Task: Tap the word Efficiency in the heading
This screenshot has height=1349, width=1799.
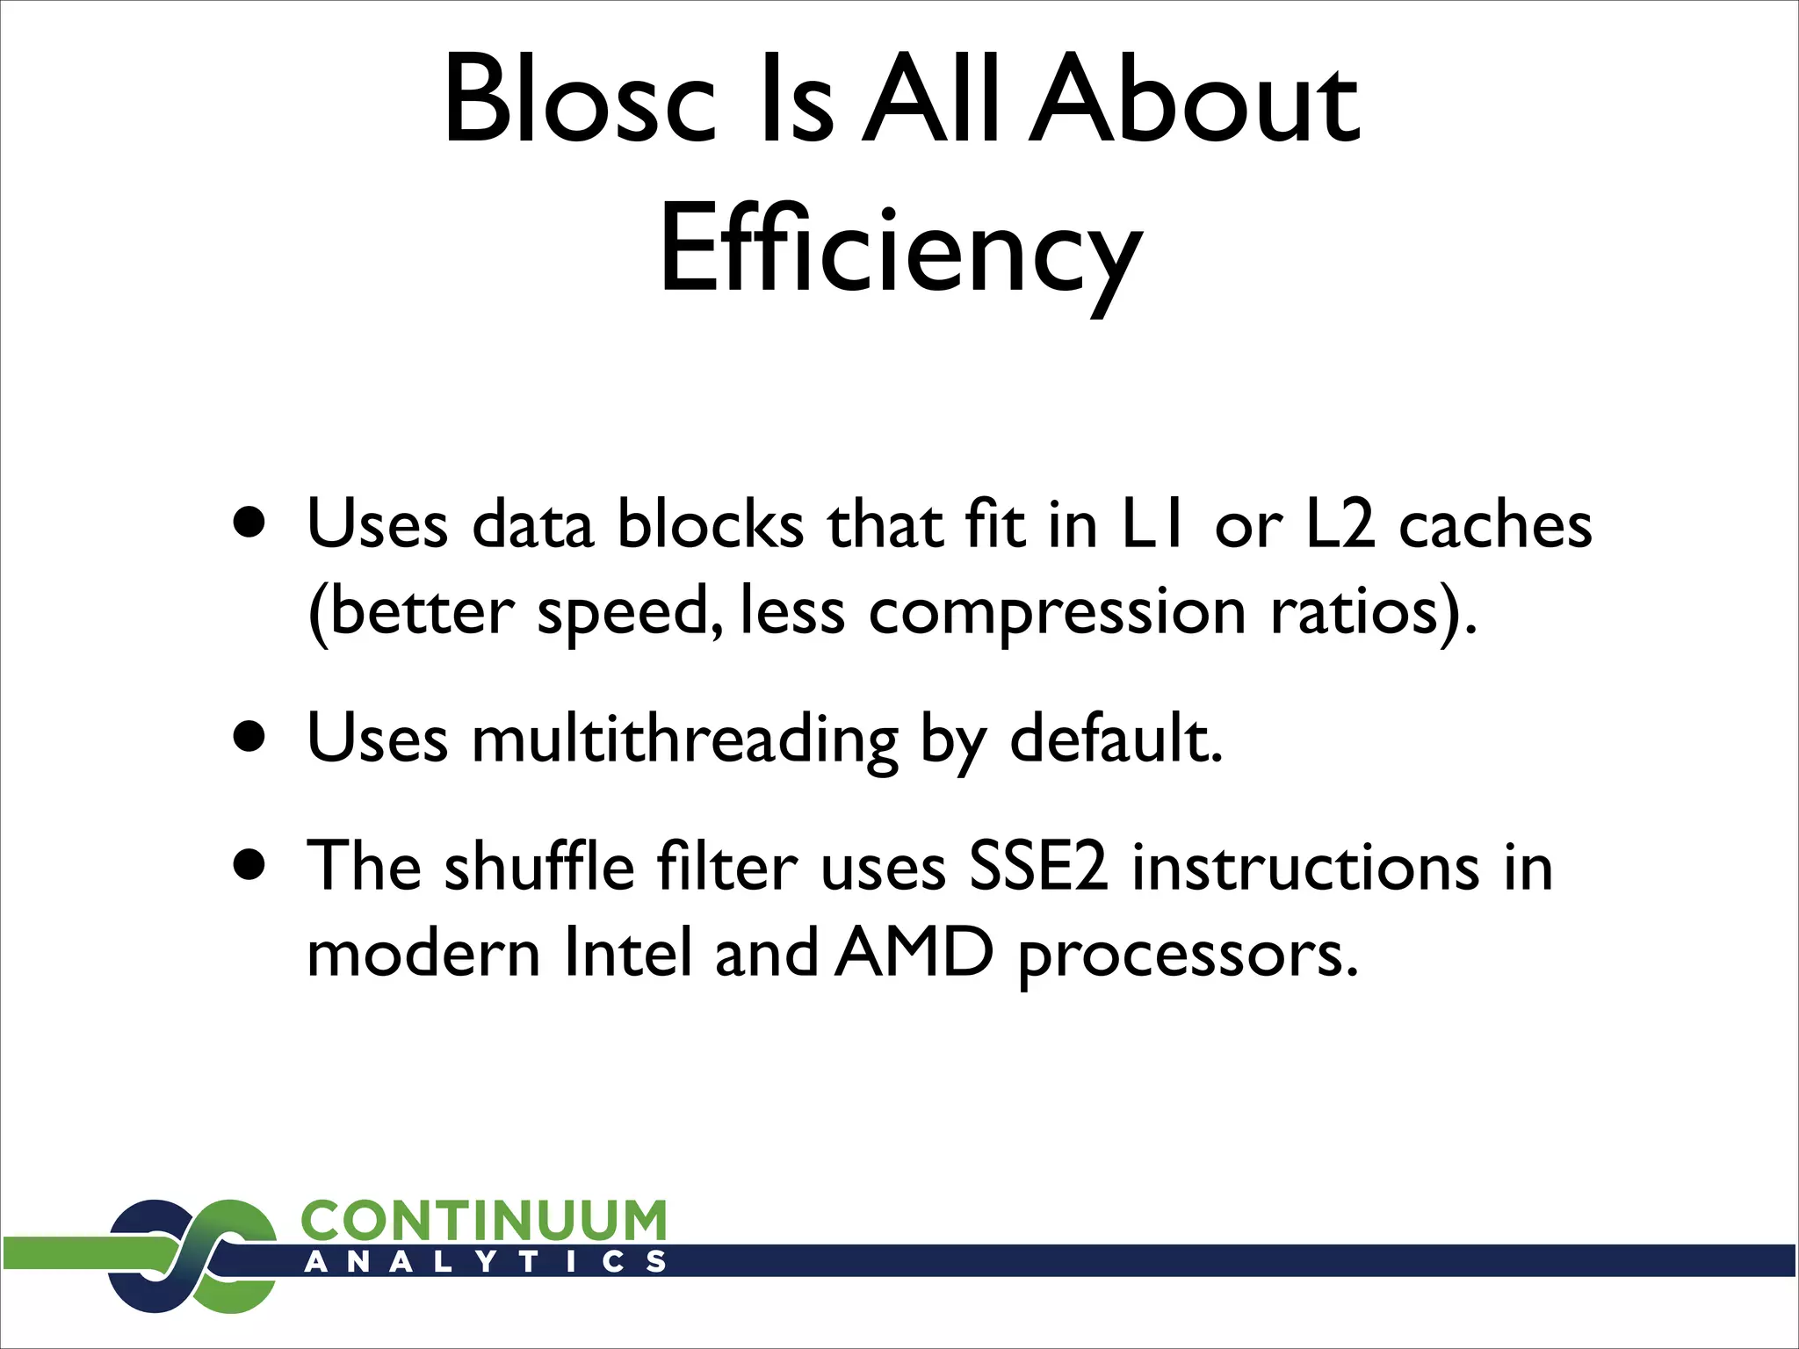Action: click(x=900, y=250)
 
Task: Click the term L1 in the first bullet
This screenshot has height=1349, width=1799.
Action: click(x=1154, y=525)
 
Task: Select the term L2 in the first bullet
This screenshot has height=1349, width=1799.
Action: click(x=1340, y=525)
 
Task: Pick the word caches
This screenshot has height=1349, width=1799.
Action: click(x=1495, y=525)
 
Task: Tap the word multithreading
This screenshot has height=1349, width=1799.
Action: click(x=685, y=739)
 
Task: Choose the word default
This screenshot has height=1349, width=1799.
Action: click(x=1116, y=739)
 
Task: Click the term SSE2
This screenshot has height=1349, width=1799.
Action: click(x=1037, y=867)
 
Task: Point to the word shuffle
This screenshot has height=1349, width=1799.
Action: click(x=539, y=867)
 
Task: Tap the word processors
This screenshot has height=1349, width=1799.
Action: click(x=1188, y=956)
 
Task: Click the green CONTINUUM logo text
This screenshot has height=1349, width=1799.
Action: click(x=484, y=1221)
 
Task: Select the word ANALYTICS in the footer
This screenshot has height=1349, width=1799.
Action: click(x=484, y=1263)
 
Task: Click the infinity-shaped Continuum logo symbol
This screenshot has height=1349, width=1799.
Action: click(x=192, y=1256)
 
